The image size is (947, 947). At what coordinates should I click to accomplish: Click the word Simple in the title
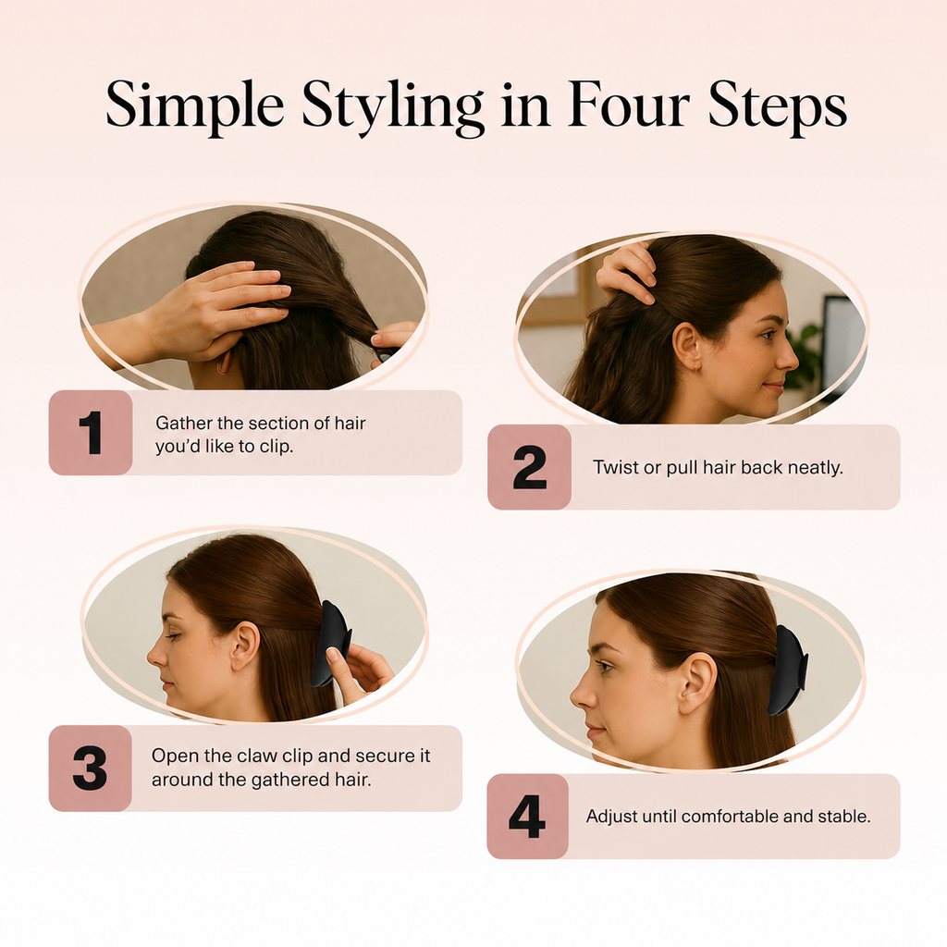click(x=194, y=106)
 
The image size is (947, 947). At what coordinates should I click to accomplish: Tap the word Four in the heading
click(x=628, y=105)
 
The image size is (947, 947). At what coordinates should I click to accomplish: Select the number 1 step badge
click(x=91, y=433)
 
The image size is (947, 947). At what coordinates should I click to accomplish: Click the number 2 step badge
click(x=529, y=467)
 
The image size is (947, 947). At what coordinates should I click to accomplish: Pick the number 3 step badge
click(x=90, y=769)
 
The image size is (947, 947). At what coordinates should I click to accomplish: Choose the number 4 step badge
click(x=527, y=817)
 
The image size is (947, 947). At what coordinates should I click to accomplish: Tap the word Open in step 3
click(x=171, y=756)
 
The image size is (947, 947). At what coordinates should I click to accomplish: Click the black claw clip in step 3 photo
click(x=330, y=644)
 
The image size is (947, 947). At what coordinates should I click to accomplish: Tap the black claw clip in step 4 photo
click(x=788, y=671)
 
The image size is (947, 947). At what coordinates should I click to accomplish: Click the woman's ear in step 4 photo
click(x=697, y=683)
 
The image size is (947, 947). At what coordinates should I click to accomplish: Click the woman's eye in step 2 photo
click(x=767, y=334)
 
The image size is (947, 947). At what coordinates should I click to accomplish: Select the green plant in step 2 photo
click(x=805, y=356)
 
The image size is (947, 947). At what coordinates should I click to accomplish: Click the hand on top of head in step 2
click(x=627, y=272)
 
